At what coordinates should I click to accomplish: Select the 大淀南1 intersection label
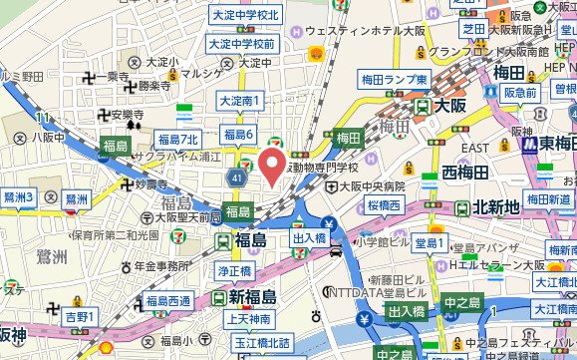click(240, 101)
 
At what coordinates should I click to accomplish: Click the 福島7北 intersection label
click(178, 137)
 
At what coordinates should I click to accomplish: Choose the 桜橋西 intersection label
click(384, 206)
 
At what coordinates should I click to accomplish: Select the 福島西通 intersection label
click(167, 300)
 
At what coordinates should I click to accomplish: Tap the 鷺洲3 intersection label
click(19, 197)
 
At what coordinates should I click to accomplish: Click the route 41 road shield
click(235, 178)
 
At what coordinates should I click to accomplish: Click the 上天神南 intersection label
click(249, 319)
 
